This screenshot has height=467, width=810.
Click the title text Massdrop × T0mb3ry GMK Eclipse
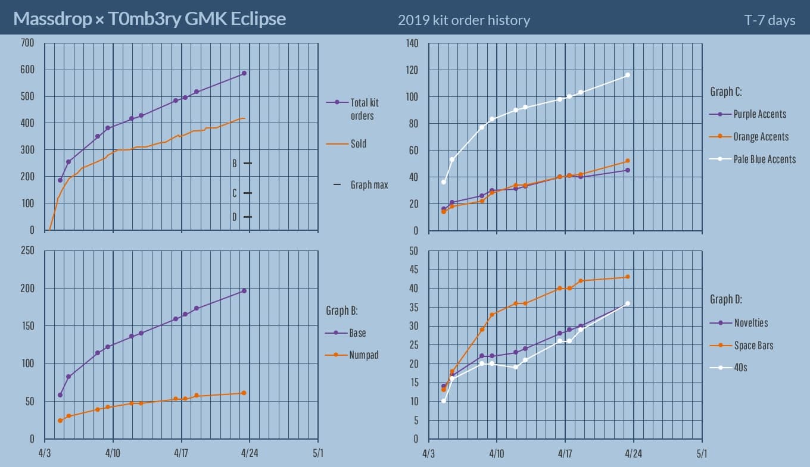point(149,19)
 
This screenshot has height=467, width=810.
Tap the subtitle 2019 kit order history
point(463,20)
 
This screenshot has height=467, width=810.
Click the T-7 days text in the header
point(769,20)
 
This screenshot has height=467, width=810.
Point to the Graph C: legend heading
point(725,92)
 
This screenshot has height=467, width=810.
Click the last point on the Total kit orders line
point(244,73)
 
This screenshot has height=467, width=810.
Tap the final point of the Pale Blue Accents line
point(628,75)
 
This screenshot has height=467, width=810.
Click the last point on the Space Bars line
point(628,277)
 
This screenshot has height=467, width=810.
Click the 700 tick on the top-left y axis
point(27,43)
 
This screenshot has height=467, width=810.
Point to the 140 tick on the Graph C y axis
point(412,43)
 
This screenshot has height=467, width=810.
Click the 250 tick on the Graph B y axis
point(27,250)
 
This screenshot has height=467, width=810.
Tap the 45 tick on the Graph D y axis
point(415,269)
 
